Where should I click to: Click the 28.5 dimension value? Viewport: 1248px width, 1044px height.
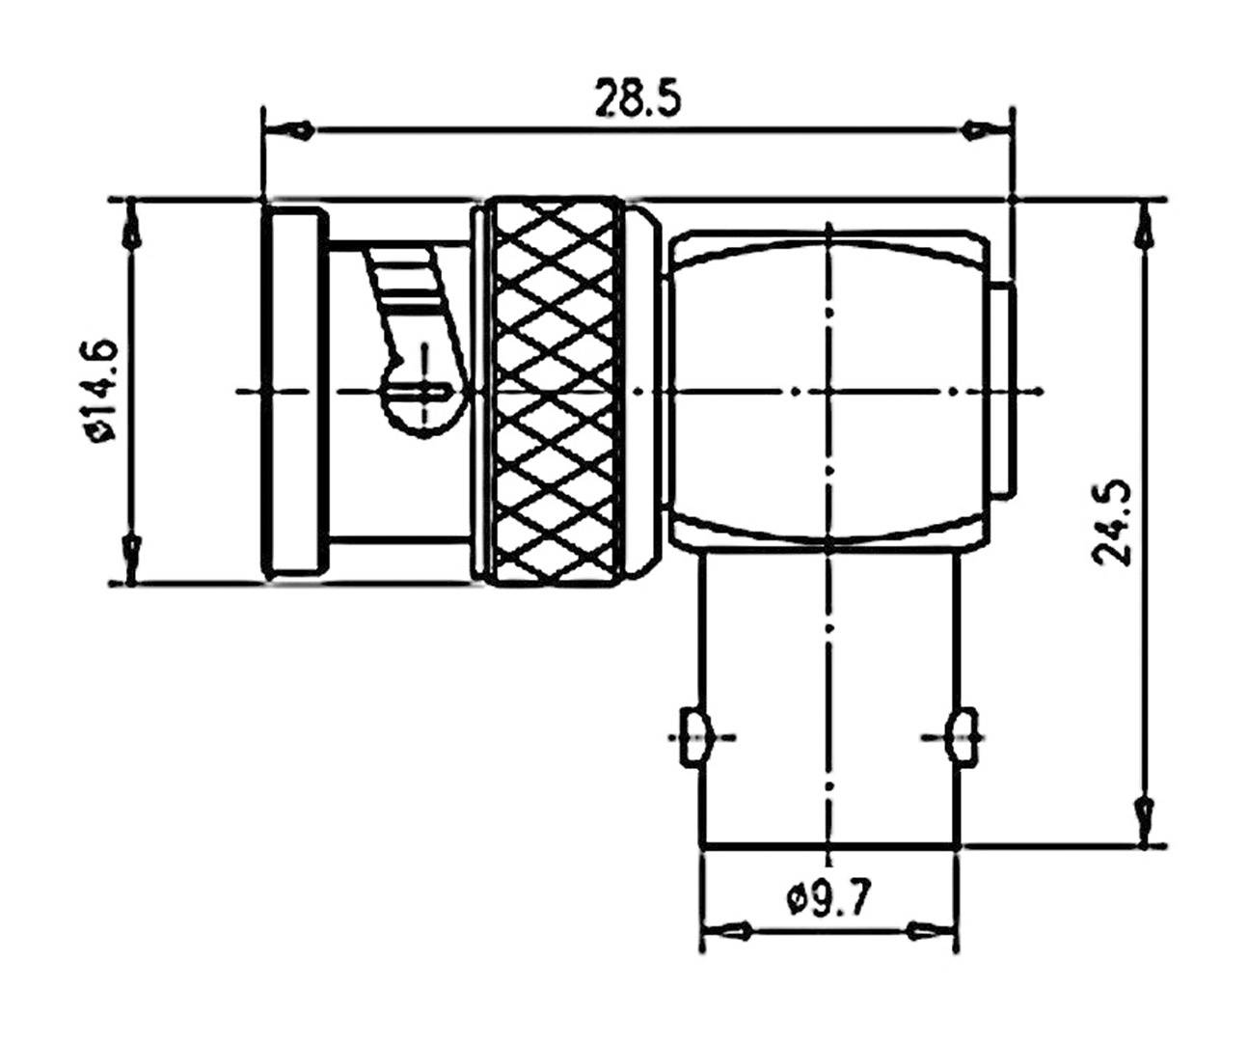637,98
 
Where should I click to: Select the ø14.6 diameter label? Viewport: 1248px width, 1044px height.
102,390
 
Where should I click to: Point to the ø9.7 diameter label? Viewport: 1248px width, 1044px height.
829,900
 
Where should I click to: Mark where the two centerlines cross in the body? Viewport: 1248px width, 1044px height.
829,391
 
